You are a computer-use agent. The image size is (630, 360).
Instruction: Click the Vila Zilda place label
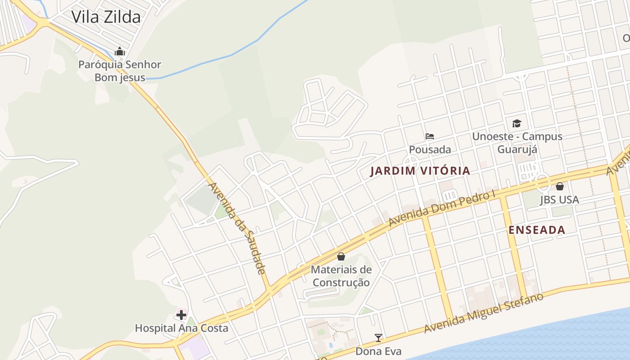(x=106, y=17)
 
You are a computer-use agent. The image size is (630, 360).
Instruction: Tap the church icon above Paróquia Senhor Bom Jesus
(x=120, y=51)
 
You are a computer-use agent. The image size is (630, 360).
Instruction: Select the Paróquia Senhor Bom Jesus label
(x=120, y=71)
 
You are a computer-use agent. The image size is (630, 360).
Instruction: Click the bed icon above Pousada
(x=430, y=136)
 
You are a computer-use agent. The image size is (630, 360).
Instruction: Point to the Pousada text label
(x=430, y=149)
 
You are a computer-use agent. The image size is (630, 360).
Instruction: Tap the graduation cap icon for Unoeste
(x=517, y=123)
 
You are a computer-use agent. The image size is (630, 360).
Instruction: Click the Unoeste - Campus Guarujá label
(x=517, y=143)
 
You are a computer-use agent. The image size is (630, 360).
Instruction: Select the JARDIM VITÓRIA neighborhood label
(x=420, y=171)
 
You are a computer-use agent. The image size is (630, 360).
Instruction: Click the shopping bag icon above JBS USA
(x=560, y=186)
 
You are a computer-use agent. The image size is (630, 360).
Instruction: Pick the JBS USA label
(x=559, y=199)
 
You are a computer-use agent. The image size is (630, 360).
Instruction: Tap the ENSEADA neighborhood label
(x=536, y=230)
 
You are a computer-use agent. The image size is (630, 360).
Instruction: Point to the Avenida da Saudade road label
(x=237, y=228)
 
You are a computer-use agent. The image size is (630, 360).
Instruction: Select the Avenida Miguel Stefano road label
(x=484, y=313)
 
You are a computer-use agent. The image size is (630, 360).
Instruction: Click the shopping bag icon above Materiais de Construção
(x=341, y=256)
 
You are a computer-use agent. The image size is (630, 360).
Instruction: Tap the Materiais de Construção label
(x=341, y=276)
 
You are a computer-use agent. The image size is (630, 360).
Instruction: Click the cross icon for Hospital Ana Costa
(x=181, y=315)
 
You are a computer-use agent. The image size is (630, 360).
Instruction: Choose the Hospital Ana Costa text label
(x=181, y=328)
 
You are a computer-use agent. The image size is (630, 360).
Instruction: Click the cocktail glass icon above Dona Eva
(x=378, y=337)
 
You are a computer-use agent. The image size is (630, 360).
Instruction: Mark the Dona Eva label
(x=378, y=351)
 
